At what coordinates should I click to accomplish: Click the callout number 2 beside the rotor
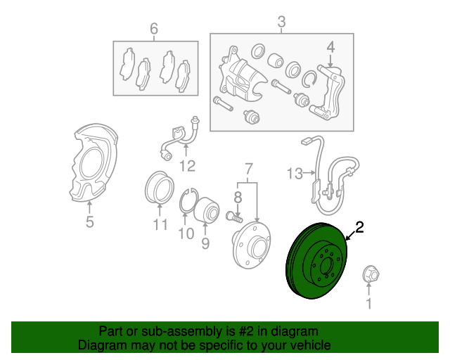click(359, 227)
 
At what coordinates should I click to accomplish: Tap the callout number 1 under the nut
click(367, 304)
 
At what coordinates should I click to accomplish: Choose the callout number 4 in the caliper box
click(330, 48)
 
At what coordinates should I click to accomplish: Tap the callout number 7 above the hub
click(248, 169)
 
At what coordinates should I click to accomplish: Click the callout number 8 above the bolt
click(238, 196)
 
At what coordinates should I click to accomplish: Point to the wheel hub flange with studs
click(251, 243)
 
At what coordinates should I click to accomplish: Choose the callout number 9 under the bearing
click(205, 243)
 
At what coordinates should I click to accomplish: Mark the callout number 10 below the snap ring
click(185, 233)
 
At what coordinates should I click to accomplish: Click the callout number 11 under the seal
click(160, 225)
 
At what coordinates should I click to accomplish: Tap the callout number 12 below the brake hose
click(186, 166)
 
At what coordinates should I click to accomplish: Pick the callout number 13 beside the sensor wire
click(293, 172)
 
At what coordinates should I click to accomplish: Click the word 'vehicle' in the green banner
click(304, 345)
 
